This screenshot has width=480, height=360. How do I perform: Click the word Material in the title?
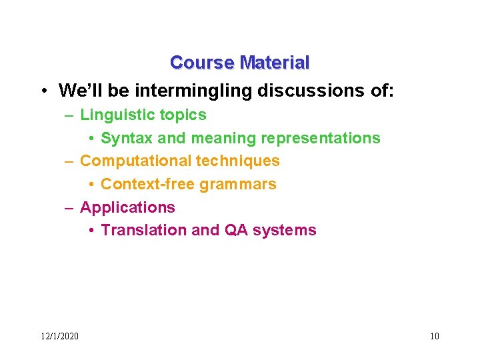[274, 63]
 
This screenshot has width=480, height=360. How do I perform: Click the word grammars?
[238, 184]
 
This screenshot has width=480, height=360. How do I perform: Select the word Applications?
[127, 207]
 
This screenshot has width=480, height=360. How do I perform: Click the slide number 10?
[434, 335]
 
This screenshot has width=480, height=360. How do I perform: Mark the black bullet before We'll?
[42, 90]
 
